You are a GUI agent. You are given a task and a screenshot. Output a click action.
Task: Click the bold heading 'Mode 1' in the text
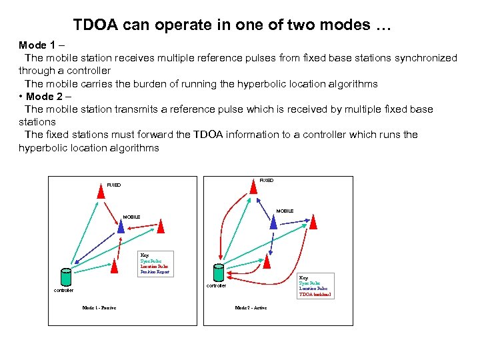tap(37, 45)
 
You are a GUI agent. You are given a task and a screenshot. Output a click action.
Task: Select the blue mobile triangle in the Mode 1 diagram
tap(121, 227)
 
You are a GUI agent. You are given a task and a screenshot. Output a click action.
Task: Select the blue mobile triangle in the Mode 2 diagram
tap(273, 221)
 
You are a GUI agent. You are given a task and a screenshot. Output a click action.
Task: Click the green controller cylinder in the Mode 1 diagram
tap(65, 277)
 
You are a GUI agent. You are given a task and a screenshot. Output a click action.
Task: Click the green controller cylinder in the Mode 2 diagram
tap(217, 272)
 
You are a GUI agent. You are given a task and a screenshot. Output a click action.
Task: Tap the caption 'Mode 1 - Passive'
tap(99, 308)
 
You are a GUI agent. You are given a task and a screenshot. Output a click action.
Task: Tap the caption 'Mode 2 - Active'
tap(251, 308)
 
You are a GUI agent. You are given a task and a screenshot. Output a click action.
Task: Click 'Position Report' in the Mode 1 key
tap(155, 272)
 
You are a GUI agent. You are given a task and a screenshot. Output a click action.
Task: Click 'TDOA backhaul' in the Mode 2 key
tap(315, 294)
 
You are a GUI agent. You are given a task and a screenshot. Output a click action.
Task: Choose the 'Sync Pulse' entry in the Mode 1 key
tap(151, 261)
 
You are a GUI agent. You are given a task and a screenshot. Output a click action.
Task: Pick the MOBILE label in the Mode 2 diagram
tap(285, 211)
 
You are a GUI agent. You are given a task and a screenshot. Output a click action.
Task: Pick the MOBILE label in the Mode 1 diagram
tap(131, 217)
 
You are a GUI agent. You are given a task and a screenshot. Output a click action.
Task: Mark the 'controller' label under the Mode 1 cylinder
tap(64, 291)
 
